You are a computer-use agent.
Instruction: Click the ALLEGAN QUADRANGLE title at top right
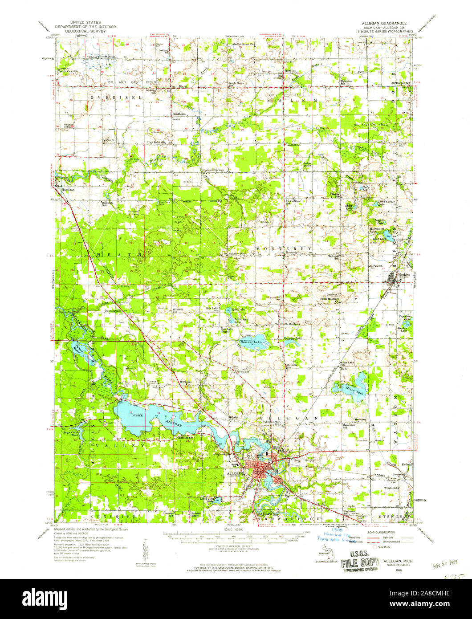coord(382,22)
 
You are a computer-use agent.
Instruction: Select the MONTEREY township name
coord(283,248)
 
